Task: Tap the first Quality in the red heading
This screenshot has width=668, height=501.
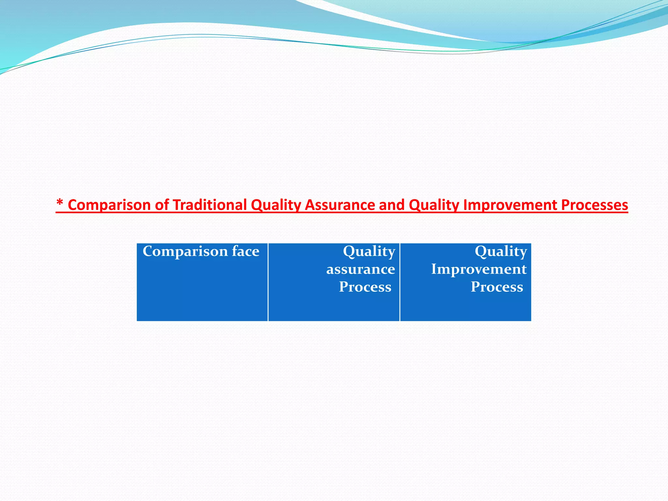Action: [276, 205]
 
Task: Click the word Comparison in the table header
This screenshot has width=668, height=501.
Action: [185, 251]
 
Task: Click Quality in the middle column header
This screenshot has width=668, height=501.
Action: [369, 251]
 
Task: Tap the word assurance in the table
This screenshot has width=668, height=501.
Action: [360, 269]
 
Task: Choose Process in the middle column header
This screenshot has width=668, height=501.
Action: [365, 287]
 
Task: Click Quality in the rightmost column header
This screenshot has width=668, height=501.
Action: [501, 251]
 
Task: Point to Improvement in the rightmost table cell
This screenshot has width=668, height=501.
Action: [479, 269]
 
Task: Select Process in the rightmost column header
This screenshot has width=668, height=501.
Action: [497, 287]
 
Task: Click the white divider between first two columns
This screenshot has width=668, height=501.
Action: [268, 282]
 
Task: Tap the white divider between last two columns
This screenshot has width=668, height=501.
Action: [400, 282]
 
